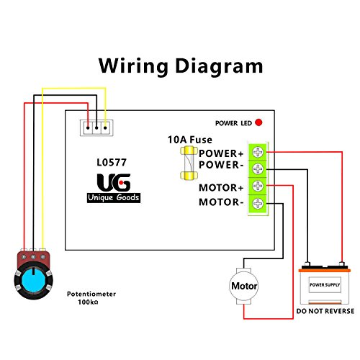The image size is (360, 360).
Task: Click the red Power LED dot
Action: tap(258, 122)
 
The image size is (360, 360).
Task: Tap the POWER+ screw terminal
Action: tap(258, 152)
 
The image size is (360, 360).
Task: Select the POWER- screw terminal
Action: tap(258, 169)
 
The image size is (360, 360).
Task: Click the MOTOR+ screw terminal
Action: tap(258, 186)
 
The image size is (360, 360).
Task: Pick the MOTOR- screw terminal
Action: tap(258, 203)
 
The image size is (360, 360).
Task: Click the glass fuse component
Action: tap(189, 163)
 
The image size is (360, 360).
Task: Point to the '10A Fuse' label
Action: tap(189, 140)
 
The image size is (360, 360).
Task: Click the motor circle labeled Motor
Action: tap(243, 286)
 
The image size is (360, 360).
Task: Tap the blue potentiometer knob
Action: tap(34, 280)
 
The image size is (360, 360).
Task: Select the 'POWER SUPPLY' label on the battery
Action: tap(325, 285)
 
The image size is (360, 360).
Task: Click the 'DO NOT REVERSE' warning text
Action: tap(325, 311)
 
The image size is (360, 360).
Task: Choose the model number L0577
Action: tap(112, 163)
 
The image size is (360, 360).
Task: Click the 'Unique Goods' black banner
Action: tap(114, 197)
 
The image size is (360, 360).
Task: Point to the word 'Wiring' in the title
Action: tap(133, 66)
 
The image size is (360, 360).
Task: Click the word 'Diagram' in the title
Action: tap(220, 66)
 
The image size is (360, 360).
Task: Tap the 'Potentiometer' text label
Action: tap(91, 294)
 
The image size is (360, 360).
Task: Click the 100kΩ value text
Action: tap(88, 302)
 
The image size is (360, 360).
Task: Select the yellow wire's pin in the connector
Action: tap(105, 128)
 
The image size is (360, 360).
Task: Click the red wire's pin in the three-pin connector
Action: tap(88, 128)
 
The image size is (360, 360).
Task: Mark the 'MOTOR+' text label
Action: tap(221, 188)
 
